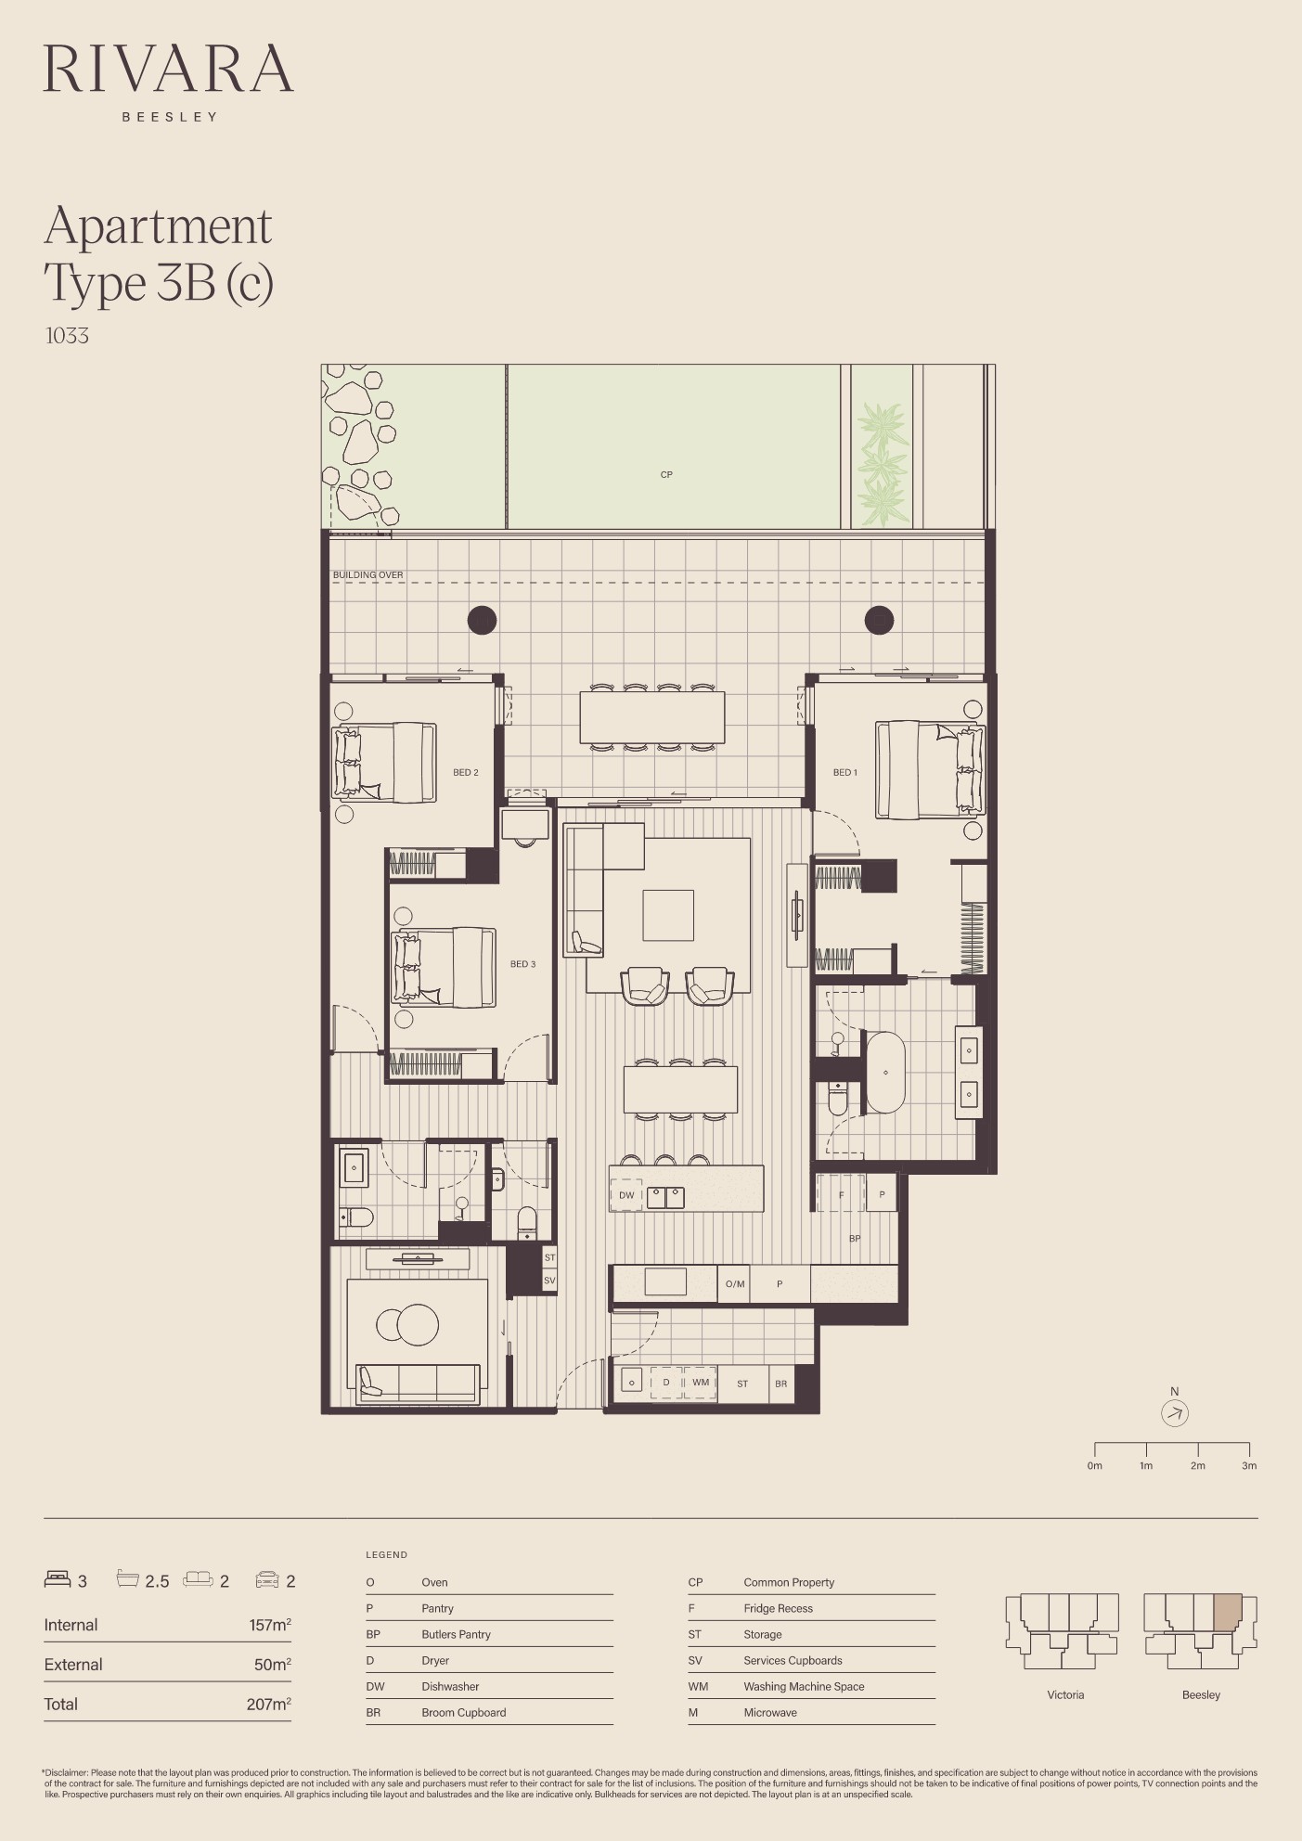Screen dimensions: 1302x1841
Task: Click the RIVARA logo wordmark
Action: [x=168, y=68]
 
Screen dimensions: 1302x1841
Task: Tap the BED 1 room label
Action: [x=844, y=772]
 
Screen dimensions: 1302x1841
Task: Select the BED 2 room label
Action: [x=466, y=772]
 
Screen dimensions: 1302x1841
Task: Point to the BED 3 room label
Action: [x=522, y=964]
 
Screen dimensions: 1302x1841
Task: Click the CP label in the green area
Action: [x=666, y=474]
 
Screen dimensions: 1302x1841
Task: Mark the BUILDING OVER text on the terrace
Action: [x=368, y=575]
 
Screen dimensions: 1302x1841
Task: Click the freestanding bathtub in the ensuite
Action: [x=885, y=1072]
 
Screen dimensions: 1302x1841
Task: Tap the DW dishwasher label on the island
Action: [x=626, y=1195]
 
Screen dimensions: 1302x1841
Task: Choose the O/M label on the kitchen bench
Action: [x=735, y=1284]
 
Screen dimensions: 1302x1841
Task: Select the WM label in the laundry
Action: [x=701, y=1383]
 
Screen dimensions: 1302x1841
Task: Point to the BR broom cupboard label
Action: [x=780, y=1384]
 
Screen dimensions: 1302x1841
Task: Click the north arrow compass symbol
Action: [x=1175, y=1413]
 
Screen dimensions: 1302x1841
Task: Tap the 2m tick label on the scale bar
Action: [x=1198, y=1466]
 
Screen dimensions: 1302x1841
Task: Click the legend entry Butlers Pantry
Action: [x=456, y=1634]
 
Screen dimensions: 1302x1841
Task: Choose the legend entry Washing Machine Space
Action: [x=804, y=1686]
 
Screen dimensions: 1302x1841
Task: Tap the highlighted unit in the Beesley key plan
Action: [x=1227, y=1612]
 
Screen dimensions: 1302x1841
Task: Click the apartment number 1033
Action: [x=67, y=336]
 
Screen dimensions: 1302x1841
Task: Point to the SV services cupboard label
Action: [x=549, y=1281]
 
